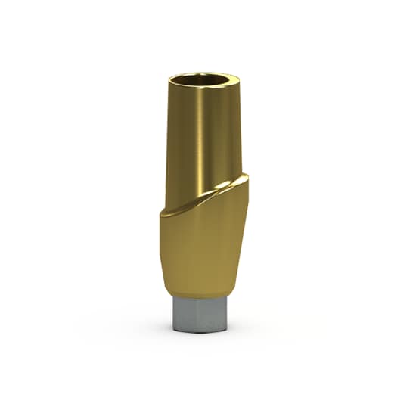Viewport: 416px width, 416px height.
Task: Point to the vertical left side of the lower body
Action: (163, 250)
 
